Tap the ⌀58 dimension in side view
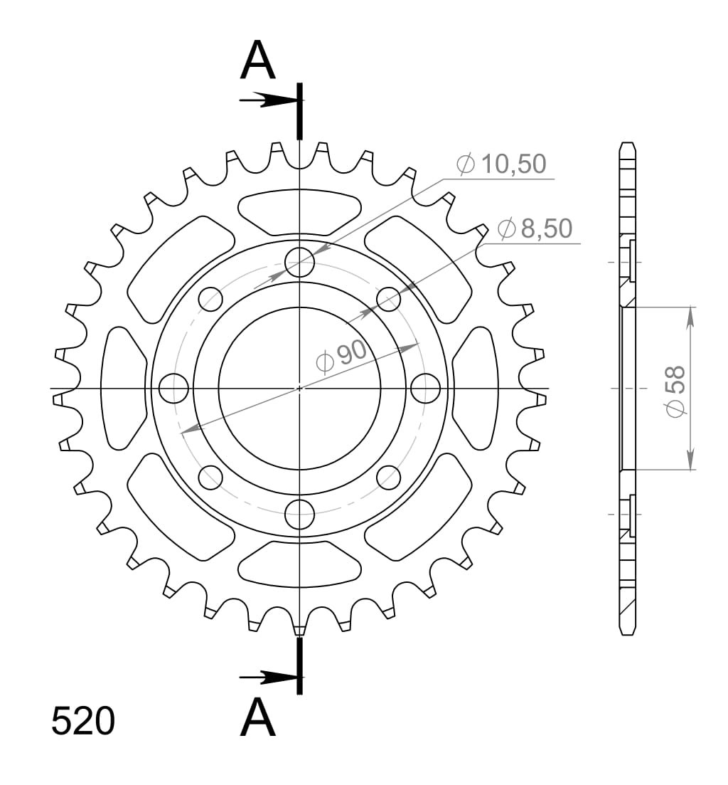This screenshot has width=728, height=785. (x=675, y=389)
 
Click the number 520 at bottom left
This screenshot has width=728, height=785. (x=82, y=722)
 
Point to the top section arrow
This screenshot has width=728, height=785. (x=267, y=100)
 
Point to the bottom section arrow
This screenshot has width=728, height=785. (x=267, y=676)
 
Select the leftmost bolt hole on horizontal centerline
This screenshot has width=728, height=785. (x=173, y=389)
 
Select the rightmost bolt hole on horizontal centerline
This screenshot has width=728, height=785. (x=426, y=389)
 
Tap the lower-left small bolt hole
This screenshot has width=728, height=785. (x=210, y=478)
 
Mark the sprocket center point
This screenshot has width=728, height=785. (x=299, y=389)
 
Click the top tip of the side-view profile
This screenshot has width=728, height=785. (x=626, y=144)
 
